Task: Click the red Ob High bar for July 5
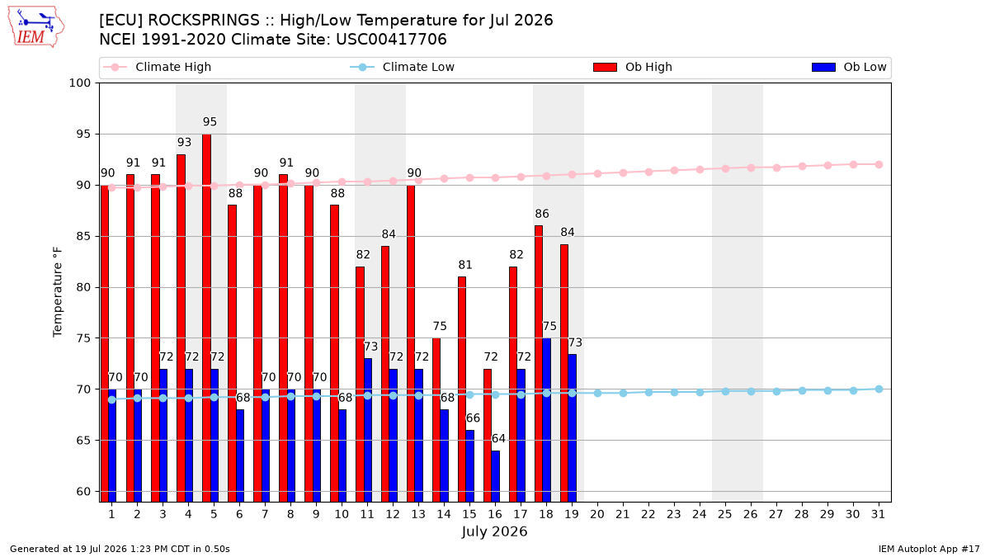206,318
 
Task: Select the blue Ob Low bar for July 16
496,476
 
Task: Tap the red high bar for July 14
436,420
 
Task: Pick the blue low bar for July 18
547,420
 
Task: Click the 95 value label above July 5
210,121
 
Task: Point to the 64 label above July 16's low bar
498,438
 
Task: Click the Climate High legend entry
158,67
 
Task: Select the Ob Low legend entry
849,67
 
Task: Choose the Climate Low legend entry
403,67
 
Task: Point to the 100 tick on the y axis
79,83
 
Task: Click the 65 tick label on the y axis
83,441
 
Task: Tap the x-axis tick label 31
878,514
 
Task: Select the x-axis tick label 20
597,514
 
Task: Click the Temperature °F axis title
58,292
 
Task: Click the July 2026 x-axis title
494,531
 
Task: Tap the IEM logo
36,27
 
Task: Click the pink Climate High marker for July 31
879,164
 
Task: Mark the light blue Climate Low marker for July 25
725,391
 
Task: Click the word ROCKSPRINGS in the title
204,21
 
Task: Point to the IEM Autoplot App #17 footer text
929,549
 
